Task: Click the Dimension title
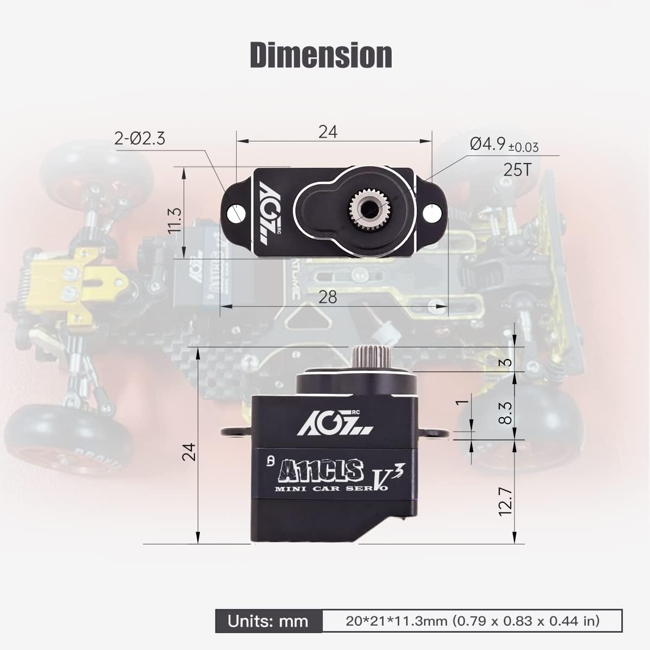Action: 321,55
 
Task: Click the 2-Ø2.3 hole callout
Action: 140,139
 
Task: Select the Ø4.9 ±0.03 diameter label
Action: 504,145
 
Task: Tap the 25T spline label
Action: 517,170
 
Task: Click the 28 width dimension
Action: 328,297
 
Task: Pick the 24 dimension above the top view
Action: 328,132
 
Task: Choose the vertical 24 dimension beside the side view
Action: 188,451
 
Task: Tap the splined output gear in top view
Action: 369,207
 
